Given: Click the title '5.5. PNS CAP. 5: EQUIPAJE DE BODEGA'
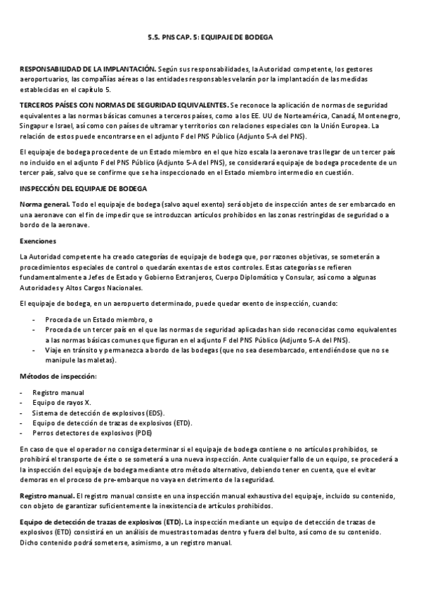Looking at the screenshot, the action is pos(210,37).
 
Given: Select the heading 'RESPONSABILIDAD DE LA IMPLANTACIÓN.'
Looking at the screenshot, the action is pos(88,70).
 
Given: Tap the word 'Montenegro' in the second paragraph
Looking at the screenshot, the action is pos(380,115).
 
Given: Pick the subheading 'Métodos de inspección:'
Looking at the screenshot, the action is pos(58,377).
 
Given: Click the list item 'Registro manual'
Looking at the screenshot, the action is pos(58,392).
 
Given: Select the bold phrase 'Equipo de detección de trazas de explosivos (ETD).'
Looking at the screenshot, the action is pos(101,522).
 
